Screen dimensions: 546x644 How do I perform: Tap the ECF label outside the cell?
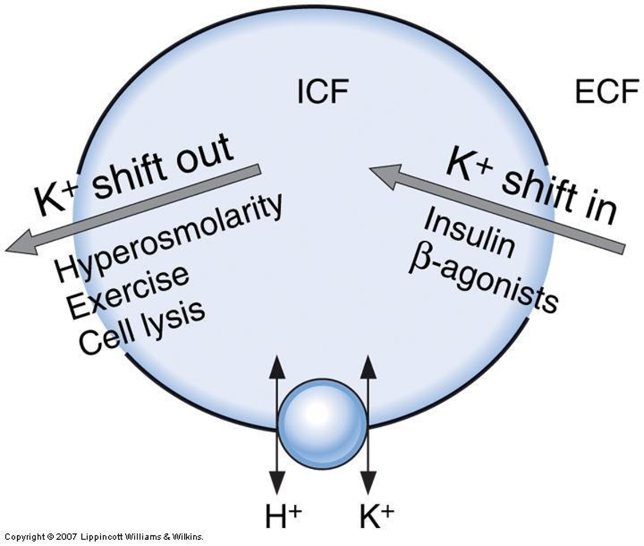(606, 93)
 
